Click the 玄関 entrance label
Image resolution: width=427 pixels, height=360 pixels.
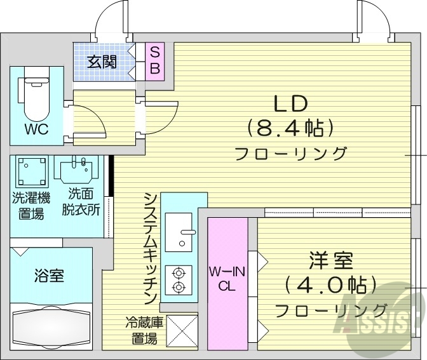click(x=102, y=62)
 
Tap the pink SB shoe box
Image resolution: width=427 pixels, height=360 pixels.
click(x=154, y=60)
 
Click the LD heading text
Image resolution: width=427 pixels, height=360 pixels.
click(x=290, y=103)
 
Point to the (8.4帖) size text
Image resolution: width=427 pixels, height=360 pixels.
click(x=290, y=129)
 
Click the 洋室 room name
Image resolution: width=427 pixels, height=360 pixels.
click(x=331, y=261)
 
